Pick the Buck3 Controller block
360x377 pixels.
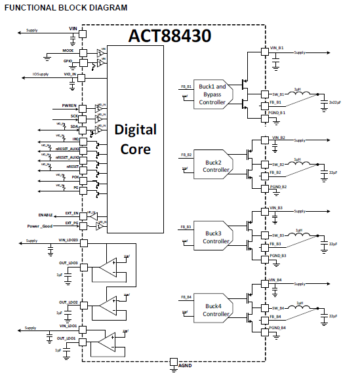(x=213, y=237)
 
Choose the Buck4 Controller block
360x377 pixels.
(x=213, y=309)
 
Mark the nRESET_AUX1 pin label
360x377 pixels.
(x=66, y=149)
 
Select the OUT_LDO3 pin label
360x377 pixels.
(x=68, y=263)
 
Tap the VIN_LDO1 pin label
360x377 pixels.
(x=68, y=326)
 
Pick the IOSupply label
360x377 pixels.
(x=41, y=74)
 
